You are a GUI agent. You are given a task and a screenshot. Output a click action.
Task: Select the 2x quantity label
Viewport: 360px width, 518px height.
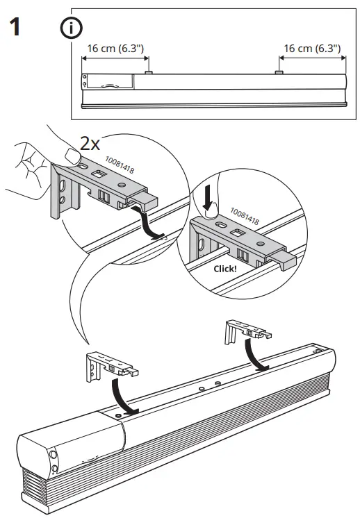(x=90, y=144)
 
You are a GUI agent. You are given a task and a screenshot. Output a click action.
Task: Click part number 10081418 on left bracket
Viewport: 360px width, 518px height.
(x=120, y=167)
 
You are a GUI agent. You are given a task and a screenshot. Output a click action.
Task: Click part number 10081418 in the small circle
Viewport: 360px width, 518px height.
(x=244, y=216)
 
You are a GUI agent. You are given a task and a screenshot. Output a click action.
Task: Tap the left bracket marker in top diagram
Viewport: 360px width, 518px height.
(x=149, y=72)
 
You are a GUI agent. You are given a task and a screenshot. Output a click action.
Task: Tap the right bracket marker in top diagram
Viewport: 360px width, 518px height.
(x=279, y=72)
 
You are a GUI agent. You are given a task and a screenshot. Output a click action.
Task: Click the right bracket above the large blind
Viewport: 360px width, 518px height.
(x=243, y=333)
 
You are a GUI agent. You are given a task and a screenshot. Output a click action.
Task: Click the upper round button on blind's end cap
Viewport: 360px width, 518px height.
(x=54, y=456)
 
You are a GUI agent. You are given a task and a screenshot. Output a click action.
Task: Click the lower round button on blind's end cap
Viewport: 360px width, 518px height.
(x=55, y=470)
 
